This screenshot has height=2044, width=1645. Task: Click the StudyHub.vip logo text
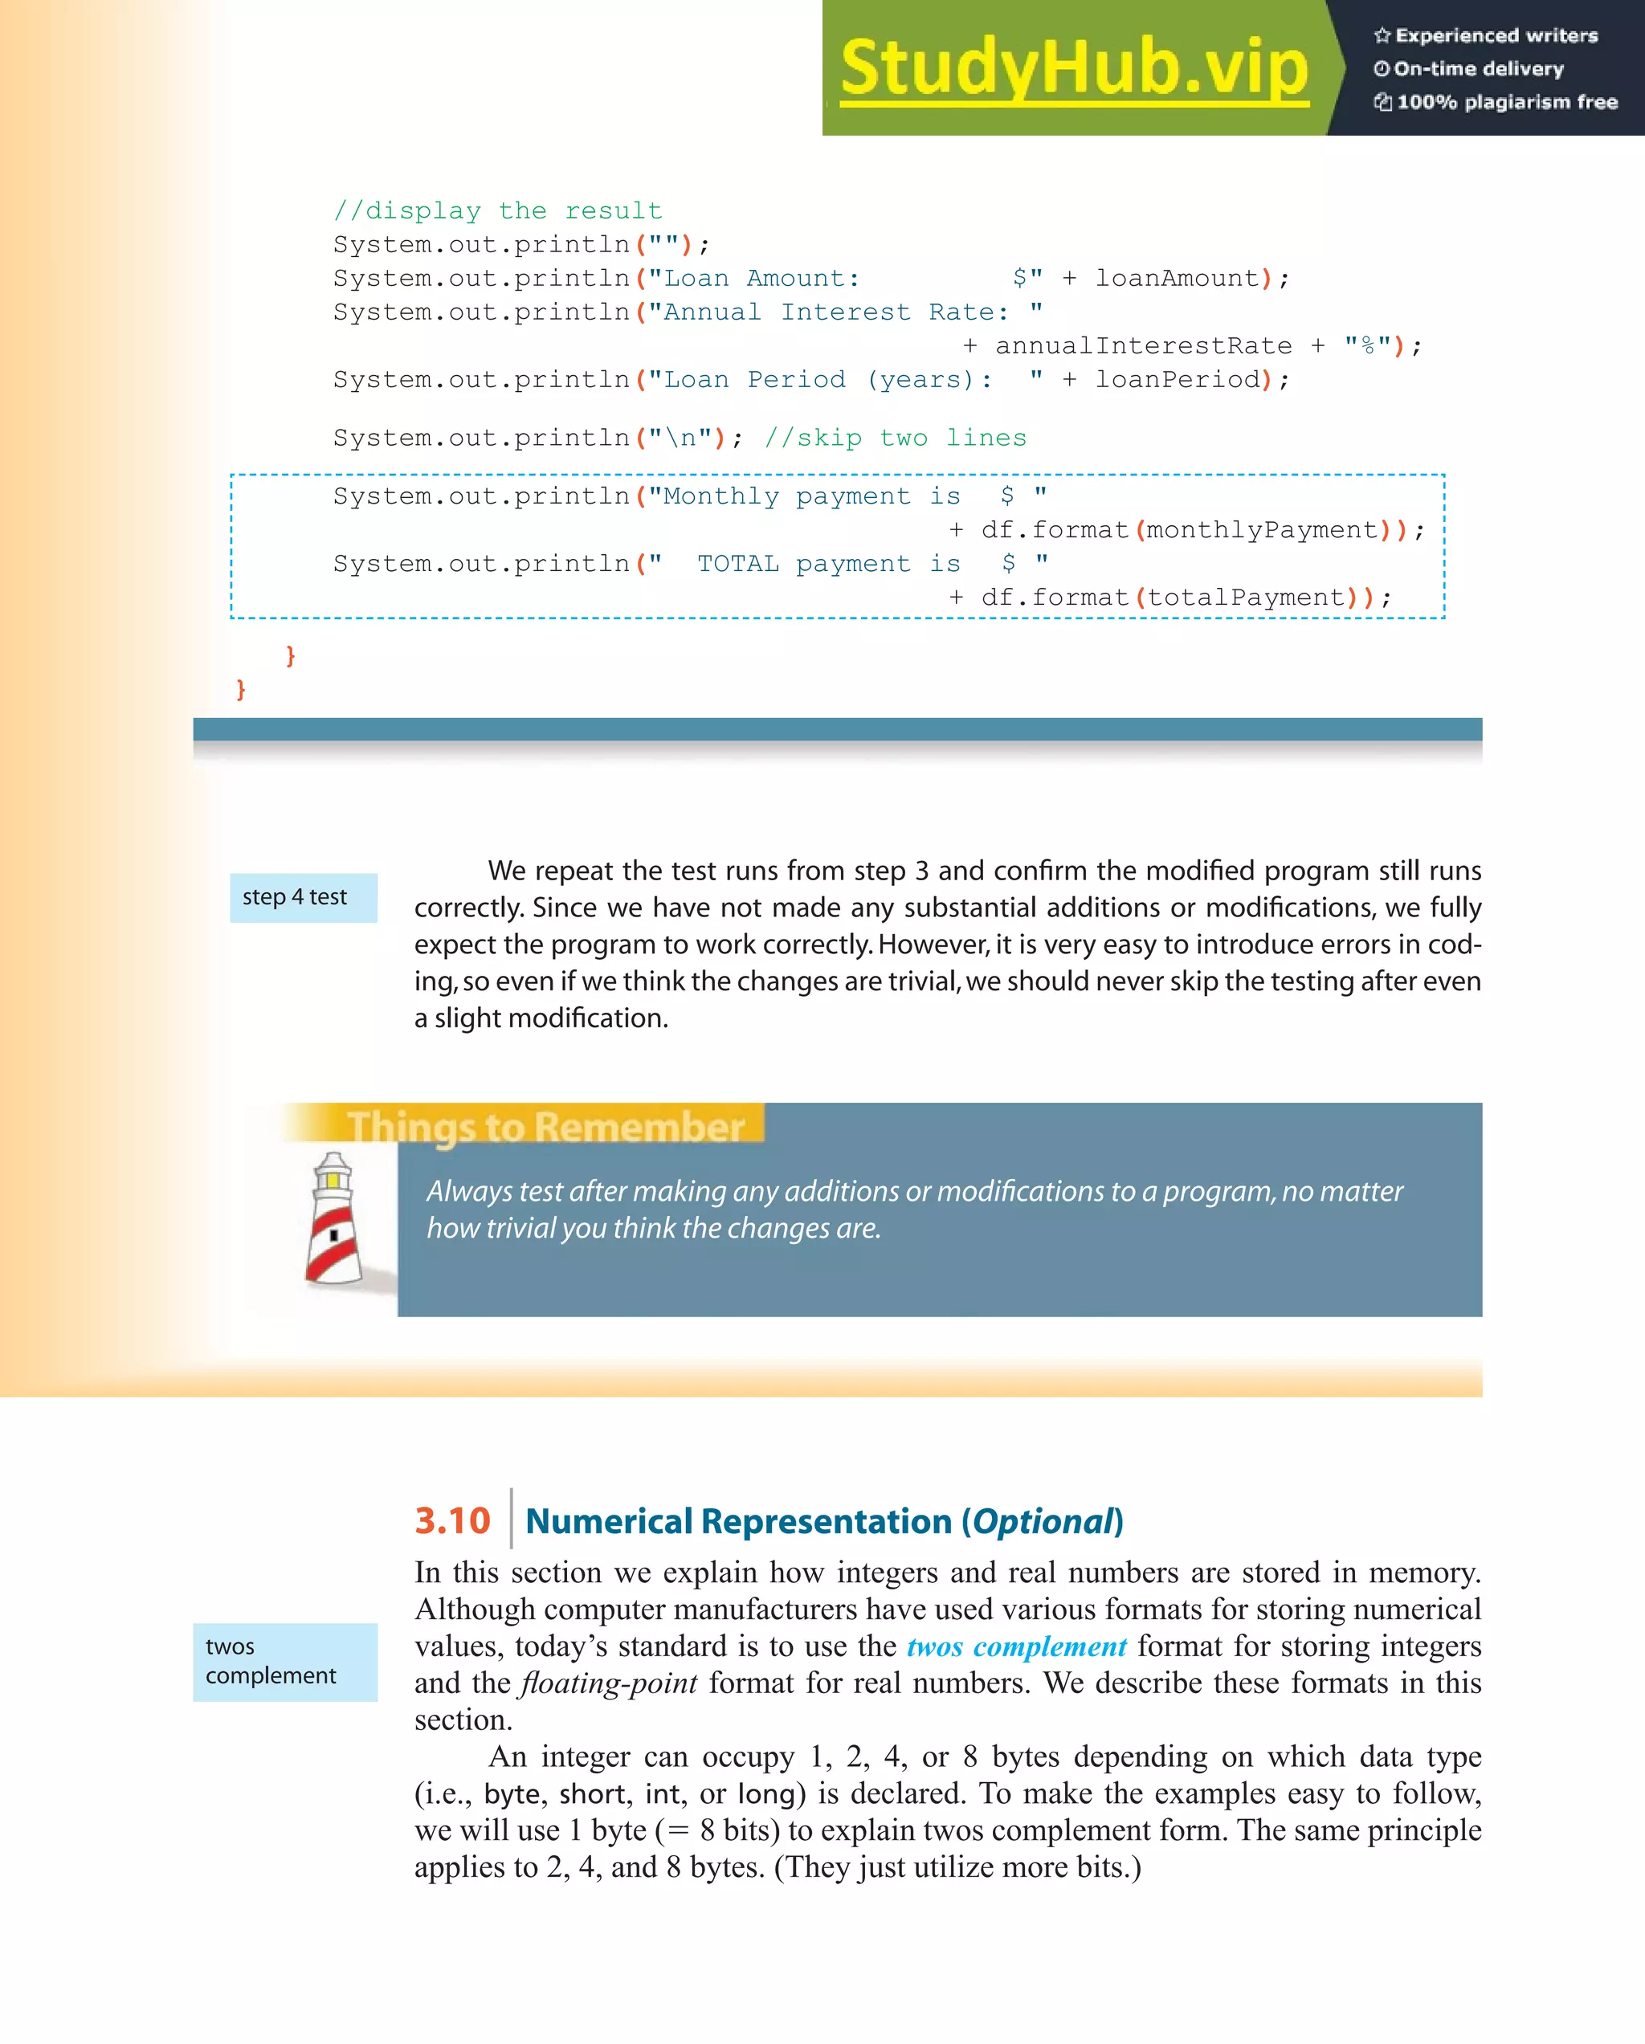[x=1073, y=68]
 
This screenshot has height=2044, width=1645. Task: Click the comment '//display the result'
[x=497, y=210]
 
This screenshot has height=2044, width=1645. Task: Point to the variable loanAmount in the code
[x=1177, y=279]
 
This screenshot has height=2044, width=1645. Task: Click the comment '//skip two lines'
[x=895, y=438]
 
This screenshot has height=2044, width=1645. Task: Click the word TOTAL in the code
[x=737, y=564]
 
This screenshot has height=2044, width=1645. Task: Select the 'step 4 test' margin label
[x=295, y=897]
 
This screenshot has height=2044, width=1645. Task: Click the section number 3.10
[x=451, y=1520]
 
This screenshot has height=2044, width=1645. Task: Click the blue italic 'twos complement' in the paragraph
[x=1016, y=1646]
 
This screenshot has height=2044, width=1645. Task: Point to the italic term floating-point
[x=609, y=1683]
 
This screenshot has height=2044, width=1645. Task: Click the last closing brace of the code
[x=241, y=689]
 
